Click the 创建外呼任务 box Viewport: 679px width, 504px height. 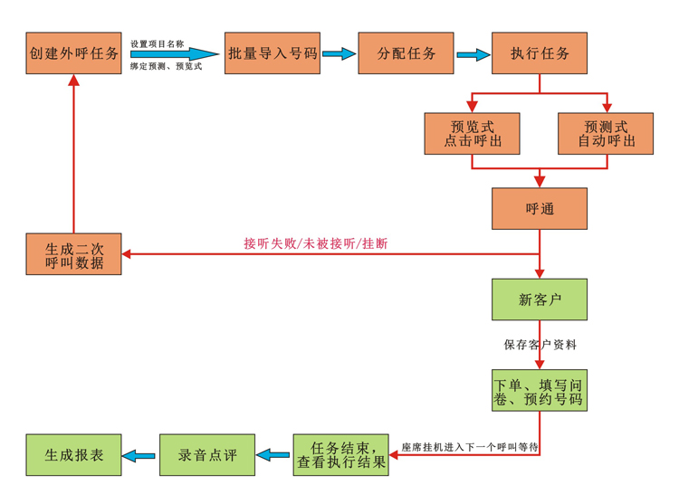pyautogui.click(x=73, y=53)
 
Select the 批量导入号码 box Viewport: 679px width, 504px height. pyautogui.click(x=273, y=53)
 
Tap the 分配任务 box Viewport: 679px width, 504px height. pyautogui.click(x=406, y=53)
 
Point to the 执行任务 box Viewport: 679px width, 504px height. pyautogui.click(x=540, y=53)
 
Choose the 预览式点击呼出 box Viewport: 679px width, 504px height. pyautogui.click(x=472, y=134)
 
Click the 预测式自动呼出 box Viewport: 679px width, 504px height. pyautogui.click(x=606, y=134)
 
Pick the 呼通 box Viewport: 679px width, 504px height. pyautogui.click(x=540, y=208)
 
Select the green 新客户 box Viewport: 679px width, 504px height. pyautogui.click(x=540, y=300)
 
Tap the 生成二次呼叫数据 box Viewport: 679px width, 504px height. pyautogui.click(x=73, y=254)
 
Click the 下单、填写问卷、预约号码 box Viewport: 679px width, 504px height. pyautogui.click(x=540, y=390)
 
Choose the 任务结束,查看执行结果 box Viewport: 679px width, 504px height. pyautogui.click(x=340, y=455)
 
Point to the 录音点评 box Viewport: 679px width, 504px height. pyautogui.click(x=207, y=455)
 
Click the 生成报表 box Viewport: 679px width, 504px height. pyautogui.click(x=73, y=455)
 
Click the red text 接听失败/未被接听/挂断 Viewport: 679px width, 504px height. pyautogui.click(x=316, y=243)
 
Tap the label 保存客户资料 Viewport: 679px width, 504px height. pyautogui.click(x=540, y=345)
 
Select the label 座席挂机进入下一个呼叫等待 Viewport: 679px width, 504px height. pyautogui.click(x=470, y=447)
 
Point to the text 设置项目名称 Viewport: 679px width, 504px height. pyautogui.click(x=158, y=43)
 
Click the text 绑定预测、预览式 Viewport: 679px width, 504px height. pyautogui.click(x=166, y=66)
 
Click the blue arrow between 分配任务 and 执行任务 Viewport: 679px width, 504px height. pyautogui.click(x=473, y=54)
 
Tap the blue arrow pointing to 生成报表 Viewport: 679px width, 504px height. pyautogui.click(x=139, y=455)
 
